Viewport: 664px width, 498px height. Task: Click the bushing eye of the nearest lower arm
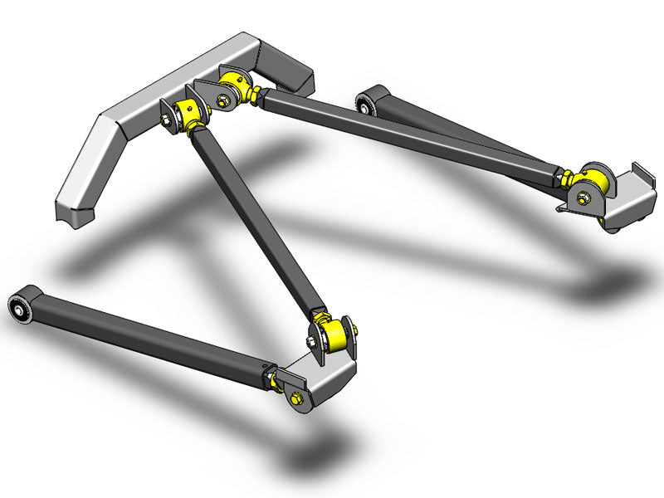pos(22,312)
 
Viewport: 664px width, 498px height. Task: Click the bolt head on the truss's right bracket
pos(222,101)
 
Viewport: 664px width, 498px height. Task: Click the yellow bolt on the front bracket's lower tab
pos(295,399)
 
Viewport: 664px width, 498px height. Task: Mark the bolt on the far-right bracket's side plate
pos(579,198)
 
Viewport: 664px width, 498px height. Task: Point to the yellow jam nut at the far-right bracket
pos(566,178)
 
